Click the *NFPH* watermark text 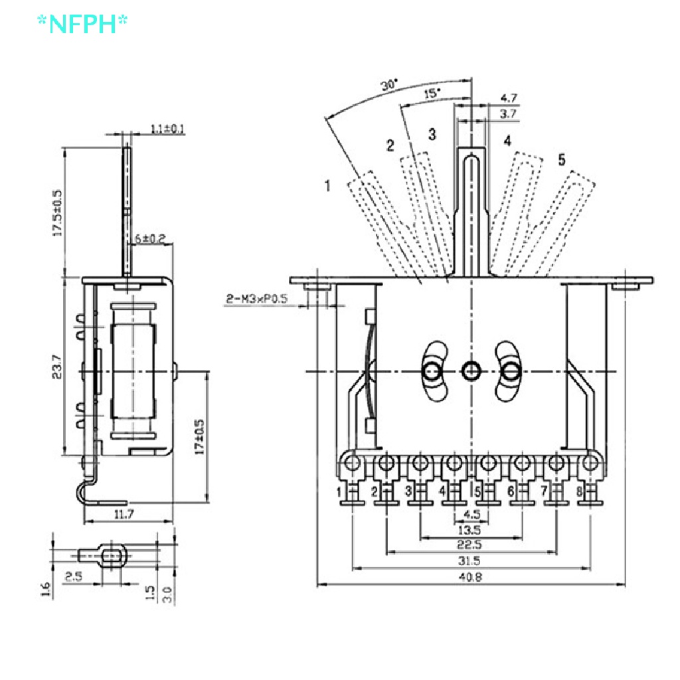82,24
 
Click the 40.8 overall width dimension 469,577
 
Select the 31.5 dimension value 469,560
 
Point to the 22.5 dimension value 469,545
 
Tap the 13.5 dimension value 469,529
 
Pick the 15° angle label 431,94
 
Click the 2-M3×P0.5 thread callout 256,299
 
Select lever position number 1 327,185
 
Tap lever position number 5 562,159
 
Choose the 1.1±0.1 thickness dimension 167,128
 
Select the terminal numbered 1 339,492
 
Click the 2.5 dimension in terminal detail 74,576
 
